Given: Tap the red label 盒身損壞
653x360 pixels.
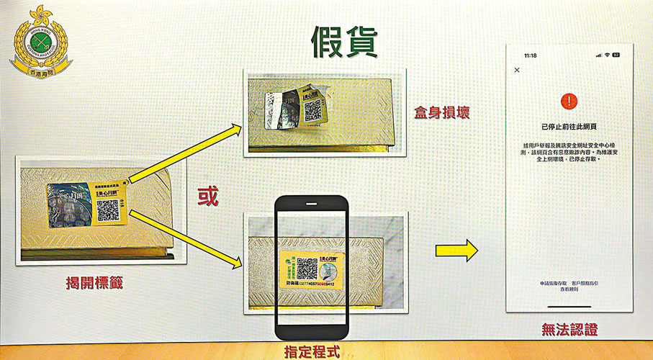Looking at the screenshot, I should (x=441, y=112).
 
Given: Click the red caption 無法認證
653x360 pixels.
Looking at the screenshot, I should (x=569, y=330).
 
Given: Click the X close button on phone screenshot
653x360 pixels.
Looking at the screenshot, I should (x=517, y=70).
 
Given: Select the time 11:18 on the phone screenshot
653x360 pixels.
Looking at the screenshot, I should (x=531, y=55).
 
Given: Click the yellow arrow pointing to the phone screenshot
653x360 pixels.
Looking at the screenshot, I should (x=456, y=251).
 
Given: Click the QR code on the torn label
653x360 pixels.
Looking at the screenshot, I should (x=312, y=110).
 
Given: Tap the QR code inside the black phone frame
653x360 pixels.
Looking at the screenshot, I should (x=307, y=269).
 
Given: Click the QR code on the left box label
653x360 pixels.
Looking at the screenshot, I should (x=108, y=210).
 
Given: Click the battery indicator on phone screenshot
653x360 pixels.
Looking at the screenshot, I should (x=616, y=55).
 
